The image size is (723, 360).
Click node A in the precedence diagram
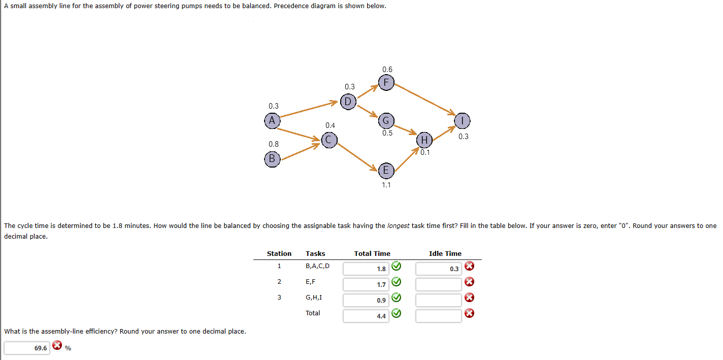tap(272, 121)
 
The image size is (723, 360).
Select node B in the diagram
tap(272, 158)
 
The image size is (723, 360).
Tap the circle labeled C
tap(329, 139)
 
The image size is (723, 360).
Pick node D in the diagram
tap(348, 102)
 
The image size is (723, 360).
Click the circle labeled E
tap(386, 171)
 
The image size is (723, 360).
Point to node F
tap(386, 82)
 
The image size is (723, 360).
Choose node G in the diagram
tap(386, 121)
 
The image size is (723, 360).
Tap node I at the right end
tap(463, 121)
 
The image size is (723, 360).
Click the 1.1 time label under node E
tap(386, 185)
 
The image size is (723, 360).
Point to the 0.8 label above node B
tap(273, 144)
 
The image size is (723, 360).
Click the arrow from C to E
tap(357, 155)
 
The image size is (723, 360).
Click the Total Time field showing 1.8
tap(366, 269)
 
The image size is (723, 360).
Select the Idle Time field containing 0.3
tap(438, 269)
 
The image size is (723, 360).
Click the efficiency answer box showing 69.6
tap(27, 348)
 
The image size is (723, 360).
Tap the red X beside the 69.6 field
tap(57, 347)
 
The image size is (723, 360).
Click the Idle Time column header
tap(445, 253)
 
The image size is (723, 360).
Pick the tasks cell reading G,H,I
tap(313, 297)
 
